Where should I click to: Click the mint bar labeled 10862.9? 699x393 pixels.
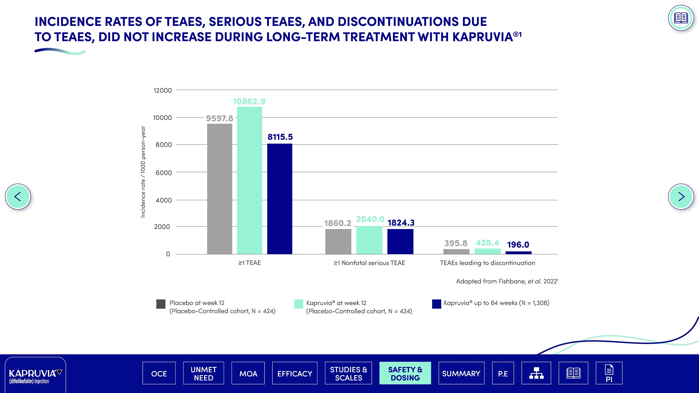pyautogui.click(x=249, y=180)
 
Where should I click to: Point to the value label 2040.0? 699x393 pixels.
pyautogui.click(x=370, y=219)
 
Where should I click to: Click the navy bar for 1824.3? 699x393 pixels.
pyautogui.click(x=400, y=241)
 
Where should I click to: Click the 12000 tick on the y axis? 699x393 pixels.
pyautogui.click(x=162, y=90)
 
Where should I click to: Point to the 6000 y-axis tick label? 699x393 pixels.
pyautogui.click(x=163, y=173)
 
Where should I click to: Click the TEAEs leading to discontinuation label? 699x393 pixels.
pyautogui.click(x=487, y=263)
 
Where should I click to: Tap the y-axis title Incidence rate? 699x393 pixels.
pyautogui.click(x=143, y=172)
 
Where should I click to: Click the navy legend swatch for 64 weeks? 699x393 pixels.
pyautogui.click(x=436, y=304)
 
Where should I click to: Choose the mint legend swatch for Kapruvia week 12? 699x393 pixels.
pyautogui.click(x=298, y=304)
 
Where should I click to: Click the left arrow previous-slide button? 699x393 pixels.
pyautogui.click(x=18, y=197)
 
